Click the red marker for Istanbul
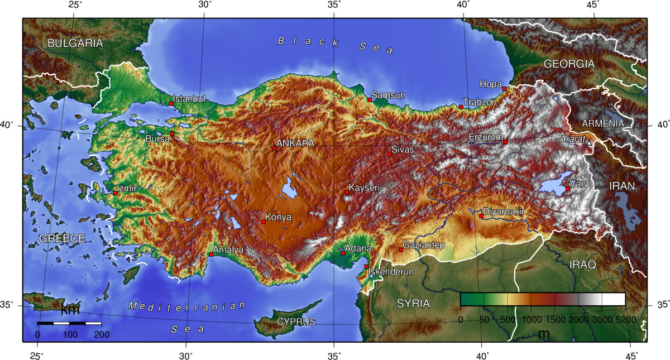click(171, 104)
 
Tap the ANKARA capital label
click(295, 143)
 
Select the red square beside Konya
click(264, 222)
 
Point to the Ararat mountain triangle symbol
click(588, 143)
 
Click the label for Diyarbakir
click(504, 212)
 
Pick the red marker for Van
click(567, 189)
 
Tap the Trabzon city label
click(480, 103)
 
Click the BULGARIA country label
click(75, 43)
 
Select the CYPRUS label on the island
click(296, 322)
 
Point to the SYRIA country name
click(413, 304)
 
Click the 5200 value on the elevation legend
click(625, 319)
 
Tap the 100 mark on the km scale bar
click(70, 334)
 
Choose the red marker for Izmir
click(115, 193)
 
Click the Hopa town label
click(490, 84)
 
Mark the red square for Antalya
click(211, 255)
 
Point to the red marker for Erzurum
click(506, 142)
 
